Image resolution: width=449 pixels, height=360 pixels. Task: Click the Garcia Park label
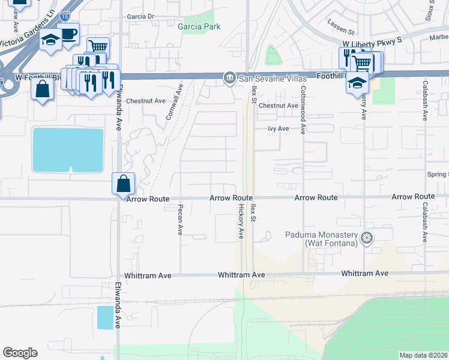click(x=199, y=26)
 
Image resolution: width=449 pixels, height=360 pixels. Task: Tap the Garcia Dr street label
click(x=141, y=17)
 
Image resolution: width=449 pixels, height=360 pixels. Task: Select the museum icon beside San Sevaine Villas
click(x=229, y=79)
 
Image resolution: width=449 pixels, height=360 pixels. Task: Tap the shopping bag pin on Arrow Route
click(x=123, y=183)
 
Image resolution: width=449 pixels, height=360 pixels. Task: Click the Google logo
click(x=20, y=353)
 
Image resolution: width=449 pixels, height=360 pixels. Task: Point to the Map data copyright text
click(x=423, y=355)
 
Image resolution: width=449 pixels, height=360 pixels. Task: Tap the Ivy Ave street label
click(x=279, y=128)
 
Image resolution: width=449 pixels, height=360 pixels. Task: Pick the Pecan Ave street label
click(x=179, y=220)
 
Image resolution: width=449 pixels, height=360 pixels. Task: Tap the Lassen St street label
click(x=342, y=23)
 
